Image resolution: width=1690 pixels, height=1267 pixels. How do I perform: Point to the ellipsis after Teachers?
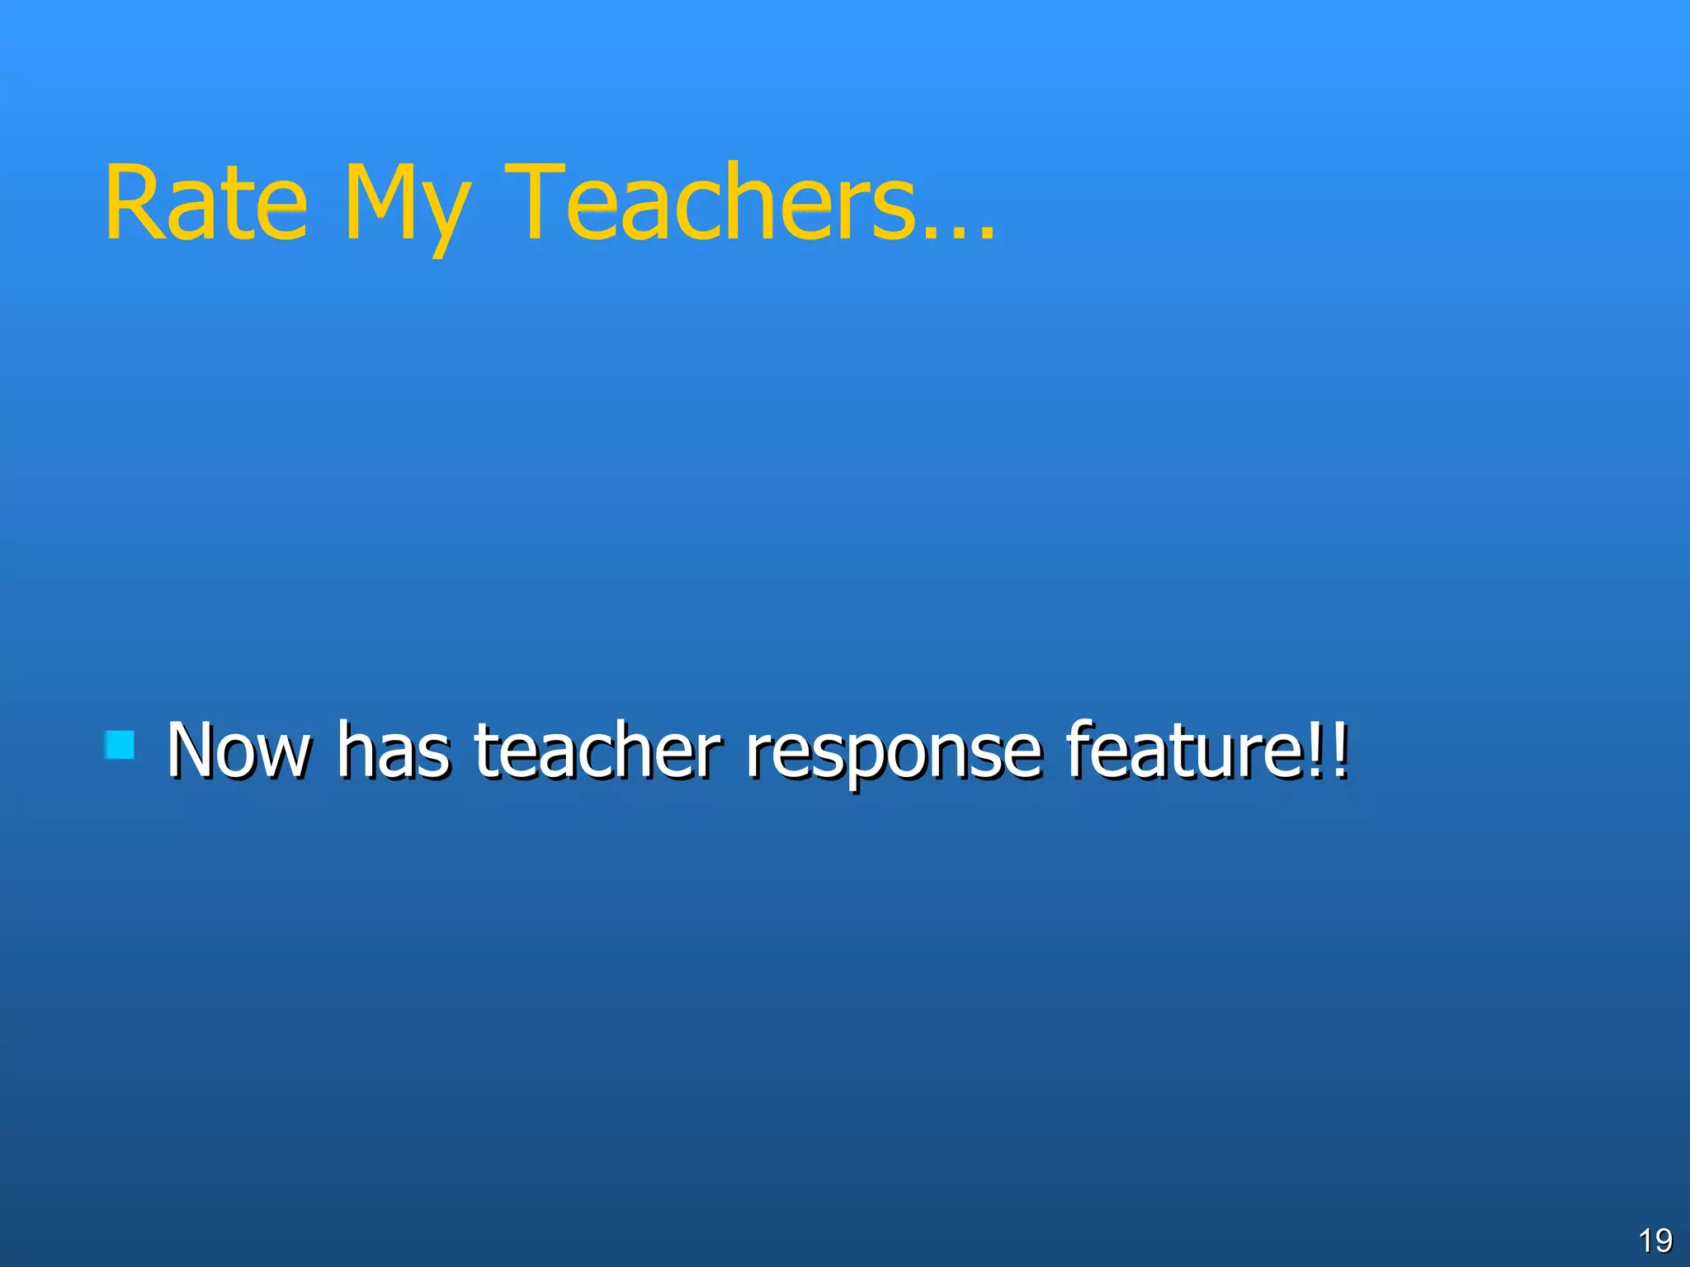click(960, 234)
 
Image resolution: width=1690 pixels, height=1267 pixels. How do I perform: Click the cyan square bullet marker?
click(120, 745)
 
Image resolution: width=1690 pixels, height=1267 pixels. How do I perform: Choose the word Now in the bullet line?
click(239, 750)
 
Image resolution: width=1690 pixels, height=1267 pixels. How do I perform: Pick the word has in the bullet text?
click(394, 750)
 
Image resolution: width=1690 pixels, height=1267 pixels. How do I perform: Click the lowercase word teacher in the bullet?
click(597, 750)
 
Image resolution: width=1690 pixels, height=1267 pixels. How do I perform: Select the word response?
click(893, 755)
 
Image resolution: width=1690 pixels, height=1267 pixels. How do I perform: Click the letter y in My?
click(449, 216)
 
